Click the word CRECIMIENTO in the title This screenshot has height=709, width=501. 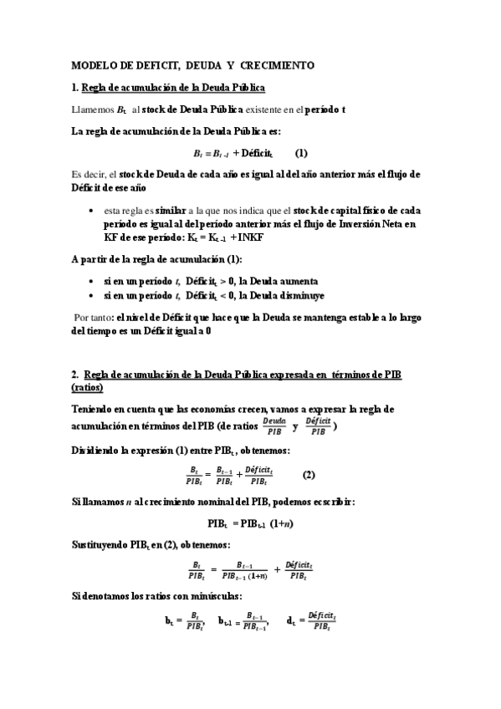[x=277, y=64]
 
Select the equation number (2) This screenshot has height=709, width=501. [x=309, y=475]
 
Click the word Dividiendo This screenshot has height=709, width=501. [x=99, y=451]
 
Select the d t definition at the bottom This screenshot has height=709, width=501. [x=310, y=620]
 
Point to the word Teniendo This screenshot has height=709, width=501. [x=95, y=409]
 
